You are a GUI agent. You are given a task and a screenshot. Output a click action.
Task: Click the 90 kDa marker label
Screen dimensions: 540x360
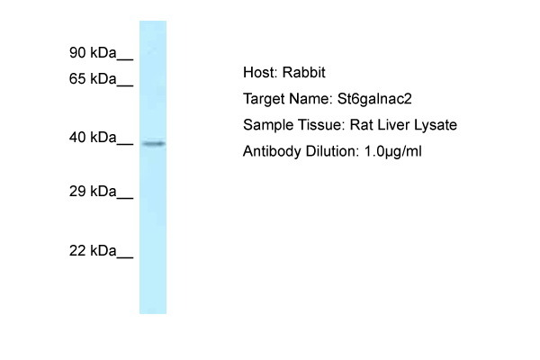coord(93,53)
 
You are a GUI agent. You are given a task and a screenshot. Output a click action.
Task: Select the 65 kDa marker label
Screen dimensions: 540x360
coord(93,79)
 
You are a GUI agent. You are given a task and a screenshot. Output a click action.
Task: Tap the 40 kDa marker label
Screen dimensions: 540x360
coord(93,138)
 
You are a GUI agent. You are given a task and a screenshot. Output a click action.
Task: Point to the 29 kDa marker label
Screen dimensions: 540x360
coord(93,191)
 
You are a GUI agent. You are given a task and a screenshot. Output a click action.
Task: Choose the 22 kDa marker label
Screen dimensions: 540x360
coord(93,250)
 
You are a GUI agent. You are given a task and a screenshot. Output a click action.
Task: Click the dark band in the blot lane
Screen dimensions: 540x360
coord(154,143)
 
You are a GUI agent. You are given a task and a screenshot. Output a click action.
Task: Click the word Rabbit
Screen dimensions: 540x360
coord(303,72)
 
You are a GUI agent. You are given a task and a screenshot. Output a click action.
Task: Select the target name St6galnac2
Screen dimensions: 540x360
coord(374,99)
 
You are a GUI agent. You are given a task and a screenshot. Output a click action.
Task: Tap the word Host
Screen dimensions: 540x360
coord(260,72)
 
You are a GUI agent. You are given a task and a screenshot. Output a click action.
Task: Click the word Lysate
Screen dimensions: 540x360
coord(436,125)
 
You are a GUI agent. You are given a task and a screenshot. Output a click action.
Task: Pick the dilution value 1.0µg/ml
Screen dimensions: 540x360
coord(392,151)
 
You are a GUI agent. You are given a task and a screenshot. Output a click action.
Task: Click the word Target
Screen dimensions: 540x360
coord(264,99)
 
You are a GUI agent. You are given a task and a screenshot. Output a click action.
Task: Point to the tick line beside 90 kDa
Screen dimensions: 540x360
coord(125,59)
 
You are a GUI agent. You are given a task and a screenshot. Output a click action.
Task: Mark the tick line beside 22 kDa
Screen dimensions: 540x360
coord(125,257)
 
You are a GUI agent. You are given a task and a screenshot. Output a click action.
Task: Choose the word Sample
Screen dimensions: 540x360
coord(268,125)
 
